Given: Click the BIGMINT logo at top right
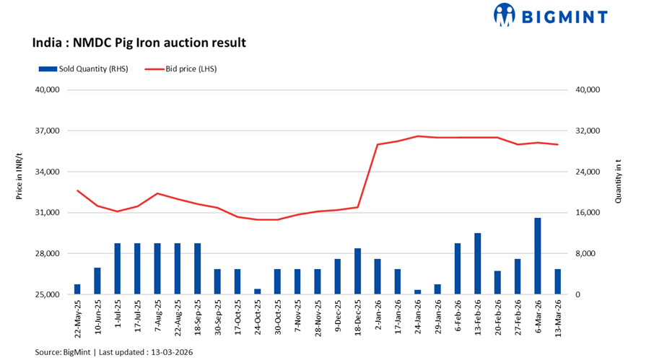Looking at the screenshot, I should coord(550,15).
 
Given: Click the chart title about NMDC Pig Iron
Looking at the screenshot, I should coord(139,43).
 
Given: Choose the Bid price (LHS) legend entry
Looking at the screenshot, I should coord(181,69).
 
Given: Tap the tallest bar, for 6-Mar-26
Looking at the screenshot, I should coord(537,256).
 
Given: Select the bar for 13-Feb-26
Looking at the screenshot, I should coord(477,264).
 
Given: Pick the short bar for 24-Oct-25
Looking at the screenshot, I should coord(257,291).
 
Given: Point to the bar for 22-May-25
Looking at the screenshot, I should coord(77,289).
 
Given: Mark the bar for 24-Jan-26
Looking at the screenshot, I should coord(417,292).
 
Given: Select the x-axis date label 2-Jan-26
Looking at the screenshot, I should coord(378,318).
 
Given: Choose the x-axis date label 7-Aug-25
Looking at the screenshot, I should coord(157,318).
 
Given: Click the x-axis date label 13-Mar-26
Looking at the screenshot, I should coord(557,320).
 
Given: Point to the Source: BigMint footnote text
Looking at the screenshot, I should coord(114,351).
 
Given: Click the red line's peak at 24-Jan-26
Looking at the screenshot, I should coord(417,136).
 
